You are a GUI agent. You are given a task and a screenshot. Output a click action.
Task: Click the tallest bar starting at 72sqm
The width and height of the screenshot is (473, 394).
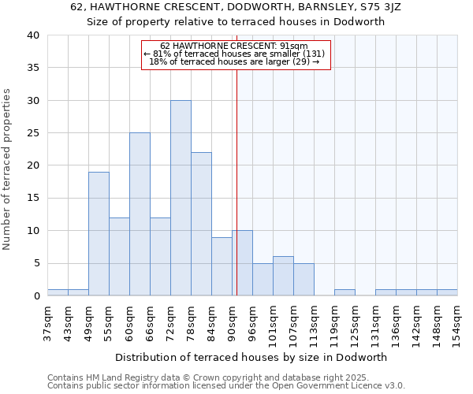[181, 199]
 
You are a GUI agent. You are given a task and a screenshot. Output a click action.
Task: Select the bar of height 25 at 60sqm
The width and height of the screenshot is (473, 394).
[140, 214]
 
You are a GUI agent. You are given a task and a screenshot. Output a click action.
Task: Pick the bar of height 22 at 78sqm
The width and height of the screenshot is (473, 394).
[201, 225]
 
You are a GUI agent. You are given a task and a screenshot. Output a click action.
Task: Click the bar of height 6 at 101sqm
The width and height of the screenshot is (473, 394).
[283, 277]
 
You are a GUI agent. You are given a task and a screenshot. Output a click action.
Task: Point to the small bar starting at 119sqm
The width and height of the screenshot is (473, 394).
[345, 292]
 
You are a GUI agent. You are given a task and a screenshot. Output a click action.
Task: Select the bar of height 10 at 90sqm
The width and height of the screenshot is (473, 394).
[242, 263]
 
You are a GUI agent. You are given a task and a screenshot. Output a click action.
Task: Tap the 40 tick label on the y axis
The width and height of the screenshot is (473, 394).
[32, 35]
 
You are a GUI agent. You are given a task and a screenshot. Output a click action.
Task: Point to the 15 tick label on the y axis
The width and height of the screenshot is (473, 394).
[32, 199]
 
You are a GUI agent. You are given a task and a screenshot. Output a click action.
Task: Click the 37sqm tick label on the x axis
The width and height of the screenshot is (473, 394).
[47, 319]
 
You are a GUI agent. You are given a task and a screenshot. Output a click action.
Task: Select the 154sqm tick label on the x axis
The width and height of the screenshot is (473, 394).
[457, 321]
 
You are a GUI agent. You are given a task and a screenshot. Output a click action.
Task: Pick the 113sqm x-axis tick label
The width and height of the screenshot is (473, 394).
[314, 321]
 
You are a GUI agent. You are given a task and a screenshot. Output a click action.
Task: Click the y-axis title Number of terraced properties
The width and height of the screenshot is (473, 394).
[8, 169]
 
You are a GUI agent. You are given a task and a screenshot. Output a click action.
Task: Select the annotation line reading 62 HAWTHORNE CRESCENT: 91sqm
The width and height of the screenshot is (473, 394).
[234, 46]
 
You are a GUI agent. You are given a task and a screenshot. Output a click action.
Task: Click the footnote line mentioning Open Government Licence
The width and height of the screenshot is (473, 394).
[226, 385]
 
